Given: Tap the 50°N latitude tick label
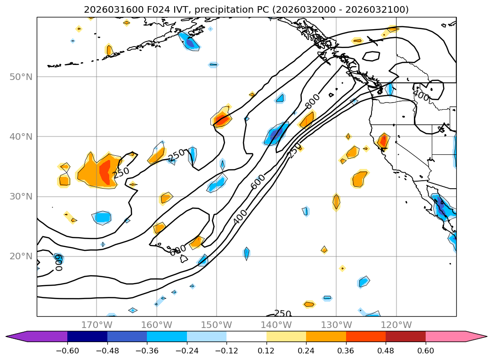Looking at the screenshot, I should (x=21, y=77).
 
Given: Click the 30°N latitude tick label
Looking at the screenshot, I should (x=21, y=197).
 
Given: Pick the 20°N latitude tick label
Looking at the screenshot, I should (x=21, y=256).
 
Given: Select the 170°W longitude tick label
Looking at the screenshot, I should (x=97, y=325).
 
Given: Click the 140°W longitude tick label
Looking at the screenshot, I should (x=276, y=325).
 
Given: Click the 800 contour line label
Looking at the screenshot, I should (x=312, y=100).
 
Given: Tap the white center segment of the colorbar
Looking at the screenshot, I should (x=246, y=336).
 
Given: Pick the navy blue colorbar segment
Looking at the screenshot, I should (x=87, y=336).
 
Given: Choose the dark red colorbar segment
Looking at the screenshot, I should (x=405, y=336).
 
